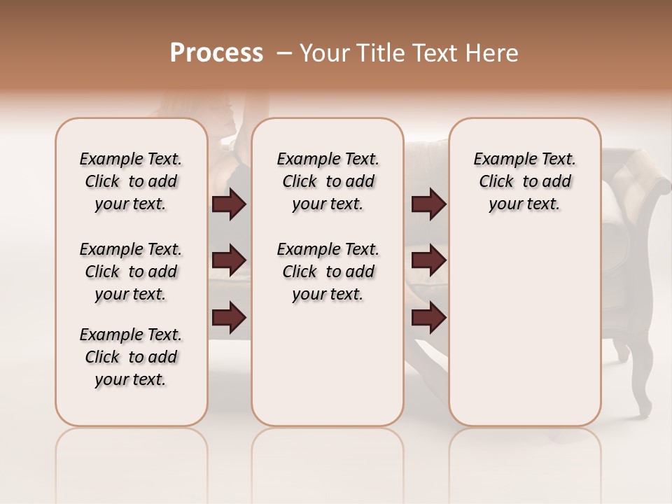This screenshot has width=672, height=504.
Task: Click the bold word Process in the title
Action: [216, 53]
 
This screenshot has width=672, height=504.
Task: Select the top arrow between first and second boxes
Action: [229, 204]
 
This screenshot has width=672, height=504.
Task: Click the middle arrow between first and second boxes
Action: [229, 260]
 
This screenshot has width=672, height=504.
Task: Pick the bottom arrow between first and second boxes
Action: [229, 317]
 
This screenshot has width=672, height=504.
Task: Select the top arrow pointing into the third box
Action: [428, 204]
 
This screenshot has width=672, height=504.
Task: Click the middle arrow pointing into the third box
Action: [428, 260]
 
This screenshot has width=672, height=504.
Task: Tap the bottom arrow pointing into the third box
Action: [428, 317]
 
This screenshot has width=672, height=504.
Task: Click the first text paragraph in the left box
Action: [131, 181]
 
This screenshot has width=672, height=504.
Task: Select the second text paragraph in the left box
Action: [131, 272]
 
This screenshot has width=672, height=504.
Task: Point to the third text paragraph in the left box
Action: [131, 357]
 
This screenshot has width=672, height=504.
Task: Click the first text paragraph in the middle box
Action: [328, 181]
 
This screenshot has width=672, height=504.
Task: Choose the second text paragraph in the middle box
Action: [328, 272]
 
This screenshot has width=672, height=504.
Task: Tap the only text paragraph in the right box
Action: [524, 181]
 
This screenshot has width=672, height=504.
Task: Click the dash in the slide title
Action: [283, 53]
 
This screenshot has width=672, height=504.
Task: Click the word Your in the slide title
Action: [321, 53]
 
